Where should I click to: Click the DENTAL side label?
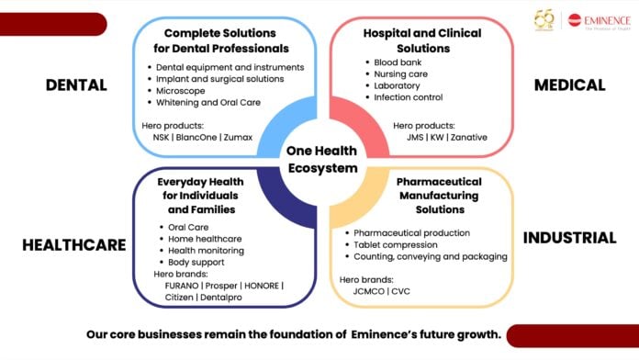[x=76, y=84]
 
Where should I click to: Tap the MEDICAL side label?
[x=570, y=84]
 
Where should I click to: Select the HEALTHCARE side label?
[x=74, y=244]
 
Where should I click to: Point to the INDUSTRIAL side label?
[x=570, y=238]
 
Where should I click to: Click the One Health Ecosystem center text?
[x=322, y=160]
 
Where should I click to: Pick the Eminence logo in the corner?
[x=599, y=20]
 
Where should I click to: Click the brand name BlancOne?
[x=196, y=138]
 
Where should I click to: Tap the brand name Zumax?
[x=238, y=138]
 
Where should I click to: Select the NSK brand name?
[x=161, y=138]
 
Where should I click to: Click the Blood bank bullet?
[x=398, y=62]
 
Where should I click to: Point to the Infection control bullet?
[x=409, y=97]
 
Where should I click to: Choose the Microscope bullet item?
[x=181, y=91]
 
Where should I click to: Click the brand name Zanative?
[x=468, y=138]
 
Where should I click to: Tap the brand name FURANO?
[x=182, y=286]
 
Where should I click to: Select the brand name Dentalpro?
[x=221, y=298]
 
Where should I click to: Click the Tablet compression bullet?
[x=396, y=245]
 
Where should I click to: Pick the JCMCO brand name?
[x=368, y=291]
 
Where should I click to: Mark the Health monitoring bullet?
[x=207, y=251]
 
